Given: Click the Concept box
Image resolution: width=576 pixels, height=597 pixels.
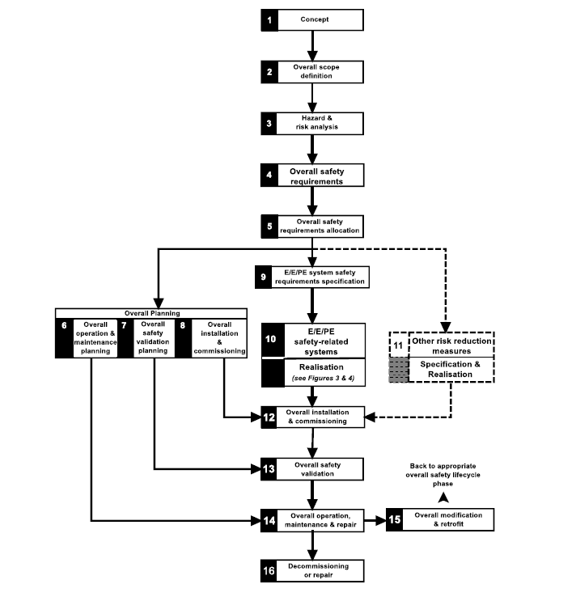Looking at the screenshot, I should point(320,20).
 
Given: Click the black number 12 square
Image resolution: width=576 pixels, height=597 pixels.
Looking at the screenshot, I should point(269,417).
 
